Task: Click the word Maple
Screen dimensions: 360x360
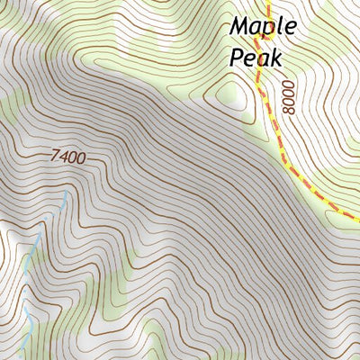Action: tap(262, 27)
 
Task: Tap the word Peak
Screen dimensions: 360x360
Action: tap(256, 58)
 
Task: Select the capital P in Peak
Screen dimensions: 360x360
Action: tap(238, 58)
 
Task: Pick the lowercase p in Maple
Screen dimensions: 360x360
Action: tap(267, 30)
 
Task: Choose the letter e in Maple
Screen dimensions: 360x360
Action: tap(288, 27)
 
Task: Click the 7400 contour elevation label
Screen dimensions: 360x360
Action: tap(68, 157)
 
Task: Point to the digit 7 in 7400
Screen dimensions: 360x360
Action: tap(56, 157)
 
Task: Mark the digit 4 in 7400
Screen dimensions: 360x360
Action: tap(64, 157)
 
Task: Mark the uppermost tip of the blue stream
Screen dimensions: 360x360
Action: tap(67, 191)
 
